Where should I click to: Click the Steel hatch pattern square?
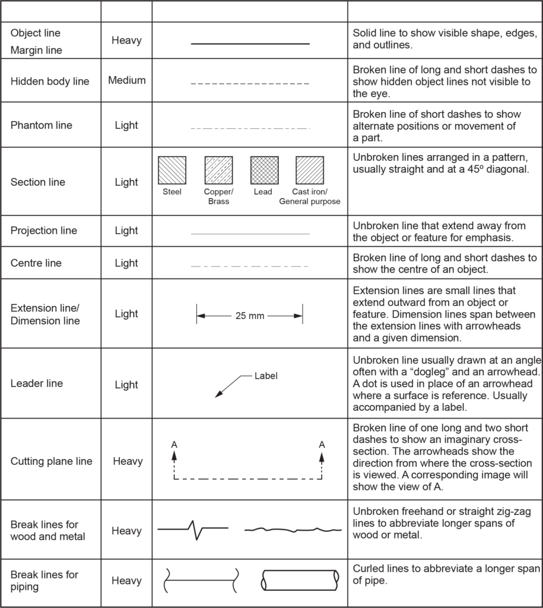(172, 170)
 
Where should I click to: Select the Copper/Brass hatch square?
(218, 170)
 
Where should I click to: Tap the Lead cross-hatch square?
(264, 170)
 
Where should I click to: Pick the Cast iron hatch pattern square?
(310, 170)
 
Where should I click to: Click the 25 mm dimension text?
(250, 316)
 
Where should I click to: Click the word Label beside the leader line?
(266, 376)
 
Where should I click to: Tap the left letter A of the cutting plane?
(174, 444)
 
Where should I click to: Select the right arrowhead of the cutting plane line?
(322, 457)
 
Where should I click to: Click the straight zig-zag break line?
(193, 528)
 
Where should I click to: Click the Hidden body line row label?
(50, 81)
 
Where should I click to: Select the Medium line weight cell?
(126, 80)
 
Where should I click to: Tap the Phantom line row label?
(41, 125)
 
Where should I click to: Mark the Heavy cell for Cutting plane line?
(126, 461)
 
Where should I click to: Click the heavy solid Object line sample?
(250, 44)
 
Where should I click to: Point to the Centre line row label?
(36, 263)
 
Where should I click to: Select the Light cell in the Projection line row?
(126, 231)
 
